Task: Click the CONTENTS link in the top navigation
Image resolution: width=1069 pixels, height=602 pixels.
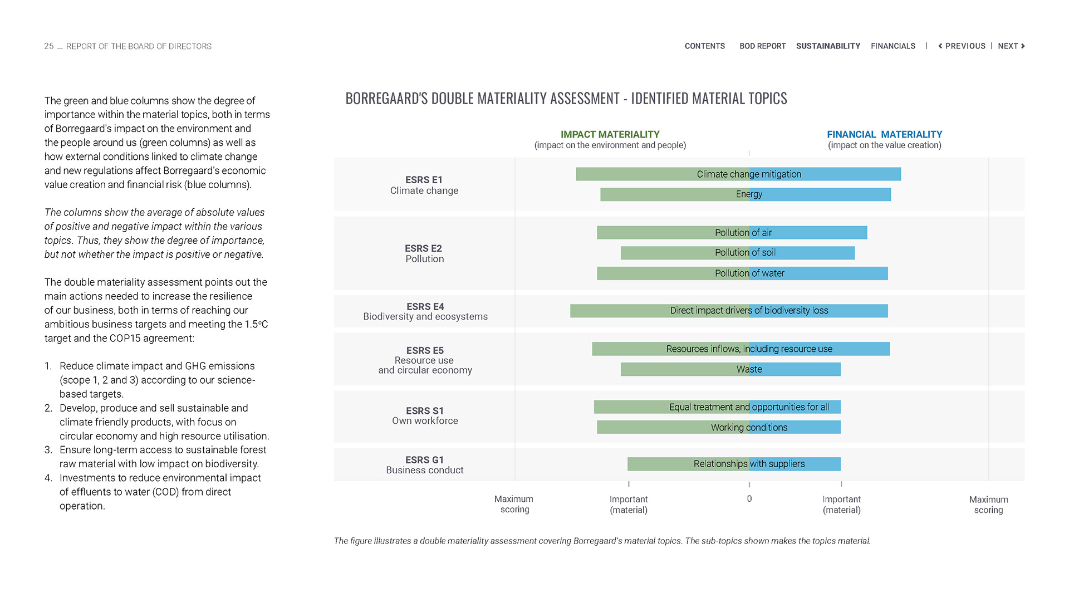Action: [704, 46]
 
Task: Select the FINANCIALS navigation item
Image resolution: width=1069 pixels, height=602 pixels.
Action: [893, 46]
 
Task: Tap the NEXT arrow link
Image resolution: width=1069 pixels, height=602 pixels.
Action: [1011, 46]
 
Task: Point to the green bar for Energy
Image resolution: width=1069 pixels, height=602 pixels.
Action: [668, 194]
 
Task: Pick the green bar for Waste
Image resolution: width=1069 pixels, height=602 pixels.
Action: [679, 369]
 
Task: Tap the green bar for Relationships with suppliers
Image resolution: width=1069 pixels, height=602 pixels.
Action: [663, 464]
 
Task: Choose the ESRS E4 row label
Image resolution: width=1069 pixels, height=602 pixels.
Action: [425, 307]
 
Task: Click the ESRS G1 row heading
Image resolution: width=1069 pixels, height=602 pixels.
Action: [424, 460]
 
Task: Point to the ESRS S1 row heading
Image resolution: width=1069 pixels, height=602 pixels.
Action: [425, 411]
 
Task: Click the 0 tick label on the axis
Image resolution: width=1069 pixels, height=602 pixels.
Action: [749, 499]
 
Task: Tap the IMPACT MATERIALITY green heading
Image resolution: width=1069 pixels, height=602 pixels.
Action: [610, 135]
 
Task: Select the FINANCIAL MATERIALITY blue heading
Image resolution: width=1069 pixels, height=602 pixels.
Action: [884, 135]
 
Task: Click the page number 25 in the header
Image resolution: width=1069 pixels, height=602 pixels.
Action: [49, 46]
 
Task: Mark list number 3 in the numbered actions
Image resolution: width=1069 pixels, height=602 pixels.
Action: [48, 450]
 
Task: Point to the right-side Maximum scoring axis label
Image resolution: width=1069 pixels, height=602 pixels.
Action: [988, 505]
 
